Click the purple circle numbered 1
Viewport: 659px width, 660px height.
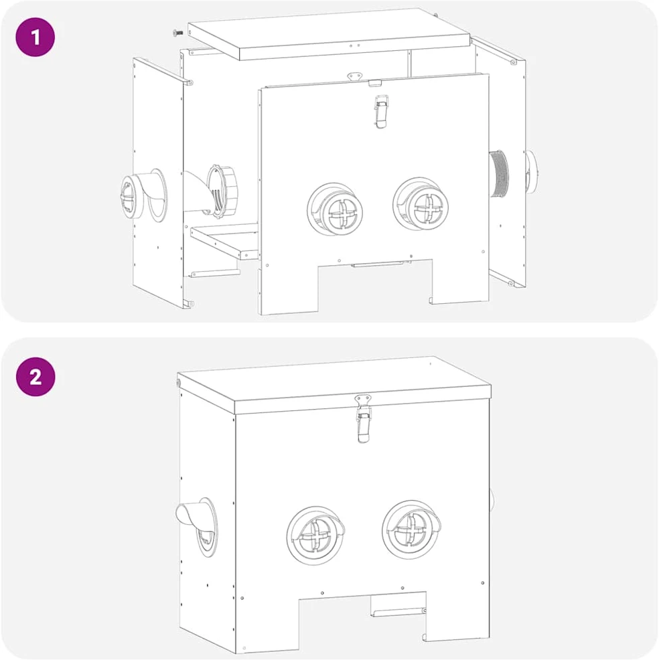click(x=35, y=37)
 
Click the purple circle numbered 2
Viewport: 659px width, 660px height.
click(x=35, y=377)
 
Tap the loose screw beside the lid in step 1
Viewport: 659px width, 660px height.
click(x=178, y=32)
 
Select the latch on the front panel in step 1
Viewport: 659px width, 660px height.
click(x=381, y=111)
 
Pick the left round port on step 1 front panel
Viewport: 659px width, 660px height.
click(x=335, y=209)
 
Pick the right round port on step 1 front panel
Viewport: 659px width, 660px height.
click(x=421, y=203)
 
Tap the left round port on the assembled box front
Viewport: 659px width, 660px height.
click(x=315, y=535)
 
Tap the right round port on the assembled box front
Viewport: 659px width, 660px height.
click(x=411, y=529)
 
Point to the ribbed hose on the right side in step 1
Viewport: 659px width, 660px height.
click(x=499, y=173)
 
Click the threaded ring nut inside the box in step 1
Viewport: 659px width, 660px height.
click(x=222, y=191)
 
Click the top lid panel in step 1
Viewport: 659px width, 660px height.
click(x=328, y=33)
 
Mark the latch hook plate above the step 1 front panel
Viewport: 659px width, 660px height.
click(x=355, y=76)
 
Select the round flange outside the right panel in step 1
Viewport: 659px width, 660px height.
click(x=531, y=172)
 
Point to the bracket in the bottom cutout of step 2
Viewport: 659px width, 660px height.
click(x=398, y=606)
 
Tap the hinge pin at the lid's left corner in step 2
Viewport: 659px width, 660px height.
click(x=178, y=383)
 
